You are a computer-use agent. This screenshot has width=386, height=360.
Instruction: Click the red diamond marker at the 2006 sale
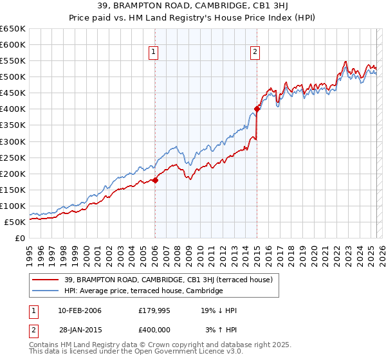pyautogui.click(x=155, y=180)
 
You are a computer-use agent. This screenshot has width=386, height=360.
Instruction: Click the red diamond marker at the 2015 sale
pyautogui.click(x=257, y=109)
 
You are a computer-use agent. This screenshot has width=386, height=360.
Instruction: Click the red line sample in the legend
pyautogui.click(x=45, y=280)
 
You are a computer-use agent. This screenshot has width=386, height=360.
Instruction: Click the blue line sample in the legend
pyautogui.click(x=45, y=291)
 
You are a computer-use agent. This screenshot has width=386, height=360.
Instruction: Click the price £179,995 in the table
pyautogui.click(x=154, y=310)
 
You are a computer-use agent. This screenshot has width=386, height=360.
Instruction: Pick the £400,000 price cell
pyautogui.click(x=154, y=329)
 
